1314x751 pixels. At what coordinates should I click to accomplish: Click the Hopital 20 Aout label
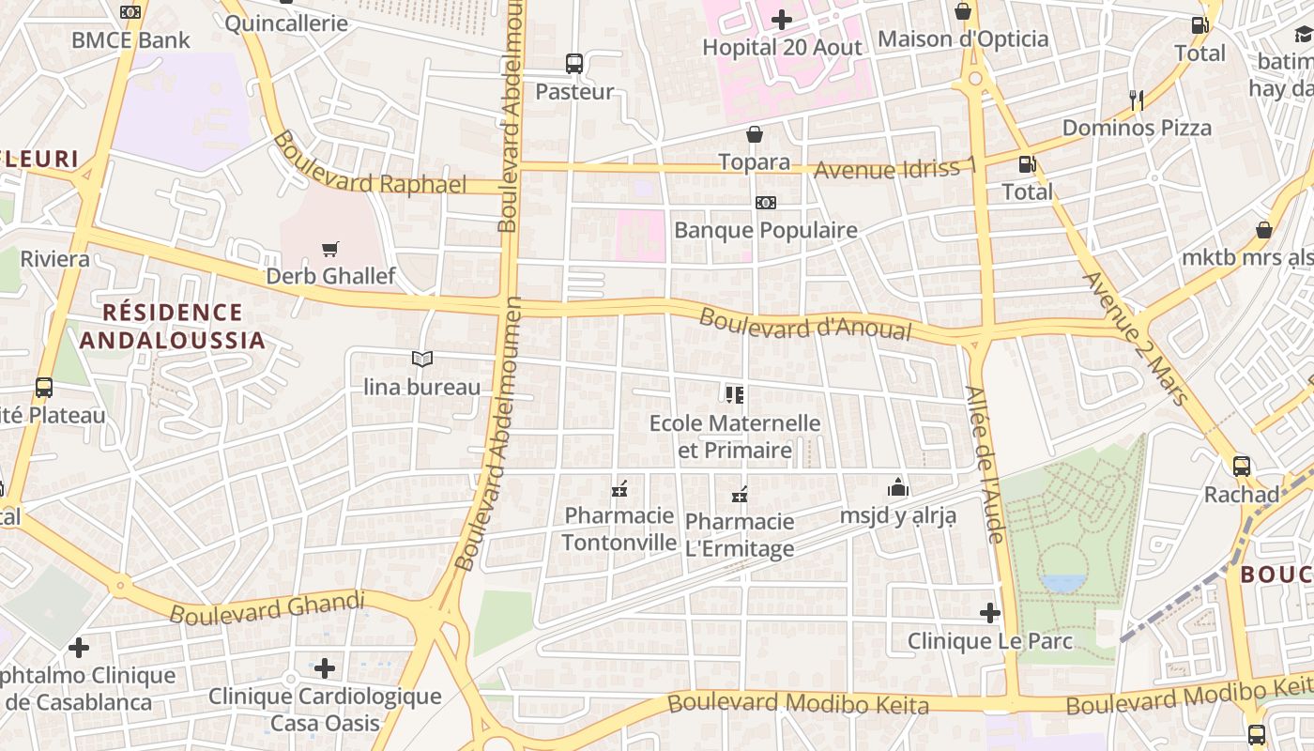(782, 47)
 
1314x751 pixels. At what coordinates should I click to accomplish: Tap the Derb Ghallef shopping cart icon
(329, 250)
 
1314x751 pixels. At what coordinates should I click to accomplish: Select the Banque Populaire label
(766, 230)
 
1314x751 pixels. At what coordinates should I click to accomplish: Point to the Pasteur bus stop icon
(574, 64)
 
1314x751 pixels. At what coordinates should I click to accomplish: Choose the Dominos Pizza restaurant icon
(1137, 100)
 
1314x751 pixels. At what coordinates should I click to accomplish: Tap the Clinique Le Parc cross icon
(990, 614)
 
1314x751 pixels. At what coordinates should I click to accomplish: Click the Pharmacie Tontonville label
(619, 529)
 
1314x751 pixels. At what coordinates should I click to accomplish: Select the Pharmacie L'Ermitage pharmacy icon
(740, 494)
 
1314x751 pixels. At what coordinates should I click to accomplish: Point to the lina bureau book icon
(422, 359)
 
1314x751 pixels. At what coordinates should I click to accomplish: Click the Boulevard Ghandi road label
(267, 607)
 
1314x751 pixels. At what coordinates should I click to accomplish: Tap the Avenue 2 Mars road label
(1136, 337)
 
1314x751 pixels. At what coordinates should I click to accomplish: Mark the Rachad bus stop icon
(1242, 466)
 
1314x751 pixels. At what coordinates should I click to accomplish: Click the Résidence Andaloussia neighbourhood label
(172, 326)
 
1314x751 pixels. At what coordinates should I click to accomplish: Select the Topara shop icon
(755, 135)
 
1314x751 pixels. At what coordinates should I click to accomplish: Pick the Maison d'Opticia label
(963, 39)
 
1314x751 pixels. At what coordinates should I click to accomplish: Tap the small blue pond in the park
(1062, 584)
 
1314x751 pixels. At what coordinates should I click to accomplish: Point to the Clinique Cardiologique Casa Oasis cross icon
(325, 668)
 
